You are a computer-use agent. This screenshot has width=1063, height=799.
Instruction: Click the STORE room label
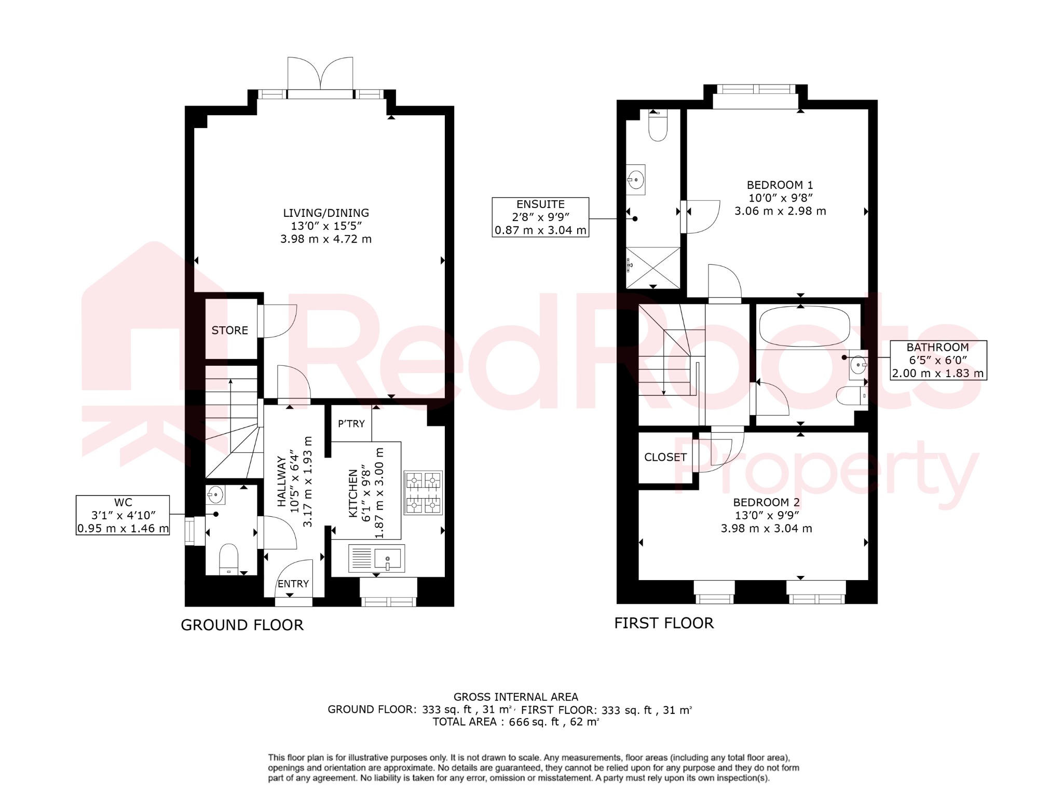pos(229,330)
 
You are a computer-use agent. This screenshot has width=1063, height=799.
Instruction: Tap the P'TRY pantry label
pos(351,424)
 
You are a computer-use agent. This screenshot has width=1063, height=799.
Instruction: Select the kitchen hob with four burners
pos(423,492)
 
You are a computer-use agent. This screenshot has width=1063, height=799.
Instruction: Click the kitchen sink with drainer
pos(376,559)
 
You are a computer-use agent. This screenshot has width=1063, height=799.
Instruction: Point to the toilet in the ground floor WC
pos(228,559)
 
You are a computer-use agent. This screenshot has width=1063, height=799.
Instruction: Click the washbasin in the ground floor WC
pos(215,495)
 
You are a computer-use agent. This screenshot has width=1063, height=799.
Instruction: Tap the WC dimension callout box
pos(123,515)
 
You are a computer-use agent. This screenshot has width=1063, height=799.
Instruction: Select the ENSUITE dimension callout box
pos(540,217)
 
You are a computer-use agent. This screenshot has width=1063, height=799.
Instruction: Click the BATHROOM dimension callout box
pos(938,360)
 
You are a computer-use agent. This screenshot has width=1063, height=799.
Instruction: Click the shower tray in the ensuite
pos(653,268)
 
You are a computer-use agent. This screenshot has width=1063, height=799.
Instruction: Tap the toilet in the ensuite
pos(658,125)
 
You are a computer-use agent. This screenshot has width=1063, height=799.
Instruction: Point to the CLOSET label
pos(665,457)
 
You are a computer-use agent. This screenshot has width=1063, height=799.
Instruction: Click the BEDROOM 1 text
pos(780,185)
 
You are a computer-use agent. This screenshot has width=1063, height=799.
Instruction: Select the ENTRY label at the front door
pos(293,584)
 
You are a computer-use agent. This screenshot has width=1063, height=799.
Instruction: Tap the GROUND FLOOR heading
pos(242,625)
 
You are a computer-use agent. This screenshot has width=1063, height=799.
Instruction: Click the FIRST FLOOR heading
pos(664,623)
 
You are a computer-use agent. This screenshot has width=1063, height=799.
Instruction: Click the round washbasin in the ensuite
pos(636,180)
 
